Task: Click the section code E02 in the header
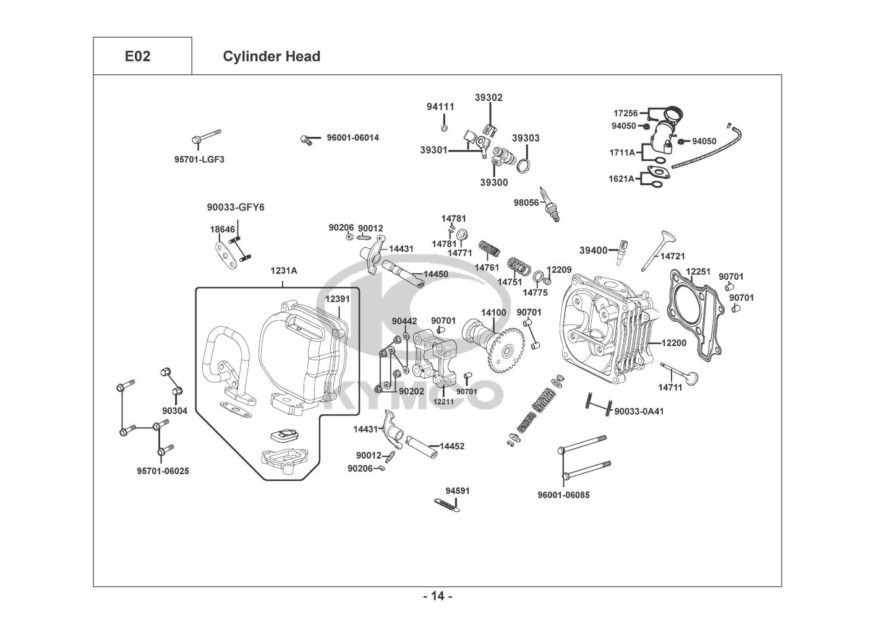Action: tap(137, 56)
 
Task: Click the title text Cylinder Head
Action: tap(271, 56)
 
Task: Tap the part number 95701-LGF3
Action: tap(199, 159)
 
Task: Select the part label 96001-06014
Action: tap(352, 137)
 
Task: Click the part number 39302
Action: tap(489, 97)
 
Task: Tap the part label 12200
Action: tap(673, 342)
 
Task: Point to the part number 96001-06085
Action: tap(563, 495)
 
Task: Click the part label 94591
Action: tap(458, 491)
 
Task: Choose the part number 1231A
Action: tap(283, 271)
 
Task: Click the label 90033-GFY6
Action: tap(235, 207)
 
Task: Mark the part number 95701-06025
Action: tap(163, 471)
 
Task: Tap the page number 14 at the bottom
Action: tap(438, 596)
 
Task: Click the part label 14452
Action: tap(451, 446)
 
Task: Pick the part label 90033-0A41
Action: tap(639, 410)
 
